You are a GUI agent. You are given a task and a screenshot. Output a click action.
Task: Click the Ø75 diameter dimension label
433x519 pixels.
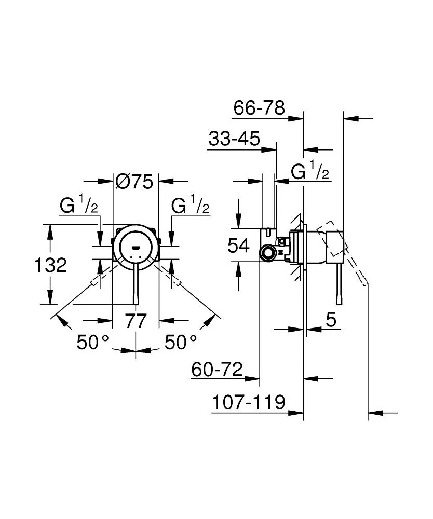pos(134,182)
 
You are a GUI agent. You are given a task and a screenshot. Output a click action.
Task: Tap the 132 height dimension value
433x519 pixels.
pos(50,266)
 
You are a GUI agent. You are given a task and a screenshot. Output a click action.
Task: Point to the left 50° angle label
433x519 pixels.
pos(93,342)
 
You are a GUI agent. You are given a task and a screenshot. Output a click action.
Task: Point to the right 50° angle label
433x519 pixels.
pos(181,342)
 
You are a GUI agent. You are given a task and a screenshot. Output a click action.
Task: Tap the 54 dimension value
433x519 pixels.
pos(239,245)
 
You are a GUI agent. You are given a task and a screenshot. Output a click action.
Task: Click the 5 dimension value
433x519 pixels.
pos(331,320)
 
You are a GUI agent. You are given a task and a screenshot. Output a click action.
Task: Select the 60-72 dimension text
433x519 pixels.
pos(217,370)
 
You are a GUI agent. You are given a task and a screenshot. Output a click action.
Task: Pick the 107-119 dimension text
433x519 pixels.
pos(249,403)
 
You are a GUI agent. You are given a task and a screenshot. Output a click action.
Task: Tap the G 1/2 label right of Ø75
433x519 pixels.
pos(190,206)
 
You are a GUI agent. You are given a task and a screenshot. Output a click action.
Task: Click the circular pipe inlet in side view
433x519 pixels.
pos(268,254)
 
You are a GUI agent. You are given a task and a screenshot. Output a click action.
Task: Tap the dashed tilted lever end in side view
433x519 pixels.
pos(365,282)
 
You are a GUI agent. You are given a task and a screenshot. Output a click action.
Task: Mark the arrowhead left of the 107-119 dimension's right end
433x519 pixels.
pos(297,413)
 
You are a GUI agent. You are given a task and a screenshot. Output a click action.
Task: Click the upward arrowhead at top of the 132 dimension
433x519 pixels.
pos(50,229)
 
